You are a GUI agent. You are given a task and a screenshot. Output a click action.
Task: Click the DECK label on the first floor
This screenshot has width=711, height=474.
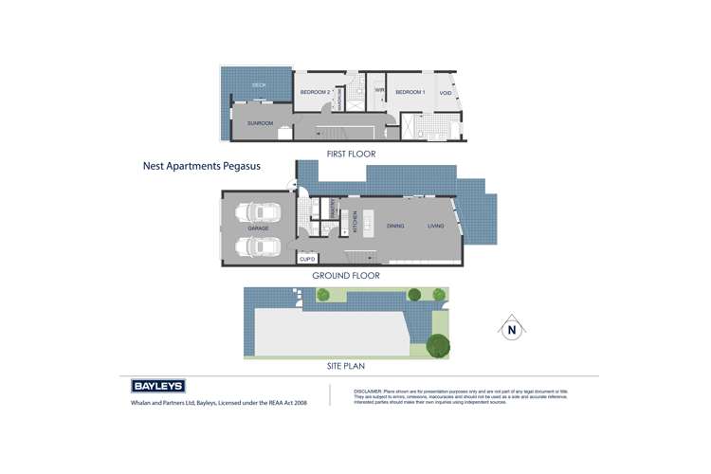(259, 85)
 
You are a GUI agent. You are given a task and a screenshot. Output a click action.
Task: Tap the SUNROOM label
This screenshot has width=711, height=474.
(260, 123)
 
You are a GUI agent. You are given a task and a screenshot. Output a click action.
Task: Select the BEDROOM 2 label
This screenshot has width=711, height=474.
(315, 92)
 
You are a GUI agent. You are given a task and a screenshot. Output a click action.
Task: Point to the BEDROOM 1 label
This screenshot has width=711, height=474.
(410, 92)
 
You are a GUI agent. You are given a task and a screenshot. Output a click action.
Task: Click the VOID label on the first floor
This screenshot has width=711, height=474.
(446, 93)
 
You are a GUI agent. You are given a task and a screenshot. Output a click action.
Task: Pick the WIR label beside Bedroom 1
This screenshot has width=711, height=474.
(378, 91)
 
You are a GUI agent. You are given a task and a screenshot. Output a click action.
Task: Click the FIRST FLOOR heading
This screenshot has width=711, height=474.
(352, 154)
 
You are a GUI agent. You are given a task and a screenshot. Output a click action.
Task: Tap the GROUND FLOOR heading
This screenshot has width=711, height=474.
(346, 276)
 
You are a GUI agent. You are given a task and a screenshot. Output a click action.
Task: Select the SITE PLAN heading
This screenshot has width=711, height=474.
(344, 365)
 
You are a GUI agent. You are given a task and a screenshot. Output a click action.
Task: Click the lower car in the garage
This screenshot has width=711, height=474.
(258, 246)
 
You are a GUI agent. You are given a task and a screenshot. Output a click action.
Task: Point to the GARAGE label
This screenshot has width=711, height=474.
(258, 228)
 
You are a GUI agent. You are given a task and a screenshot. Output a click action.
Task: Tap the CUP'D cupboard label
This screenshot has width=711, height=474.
(307, 258)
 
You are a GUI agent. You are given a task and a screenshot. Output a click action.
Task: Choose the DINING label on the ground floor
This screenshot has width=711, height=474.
(396, 226)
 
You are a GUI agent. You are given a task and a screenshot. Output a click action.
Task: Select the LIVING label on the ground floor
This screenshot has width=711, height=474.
(435, 226)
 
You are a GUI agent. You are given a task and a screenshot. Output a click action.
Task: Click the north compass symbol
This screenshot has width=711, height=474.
(511, 330)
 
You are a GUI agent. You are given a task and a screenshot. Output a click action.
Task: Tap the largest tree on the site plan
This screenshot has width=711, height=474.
(437, 346)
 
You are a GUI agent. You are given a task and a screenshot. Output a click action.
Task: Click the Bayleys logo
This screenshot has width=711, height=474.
(157, 386)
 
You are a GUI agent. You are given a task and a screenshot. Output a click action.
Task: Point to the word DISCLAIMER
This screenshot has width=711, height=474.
(366, 391)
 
